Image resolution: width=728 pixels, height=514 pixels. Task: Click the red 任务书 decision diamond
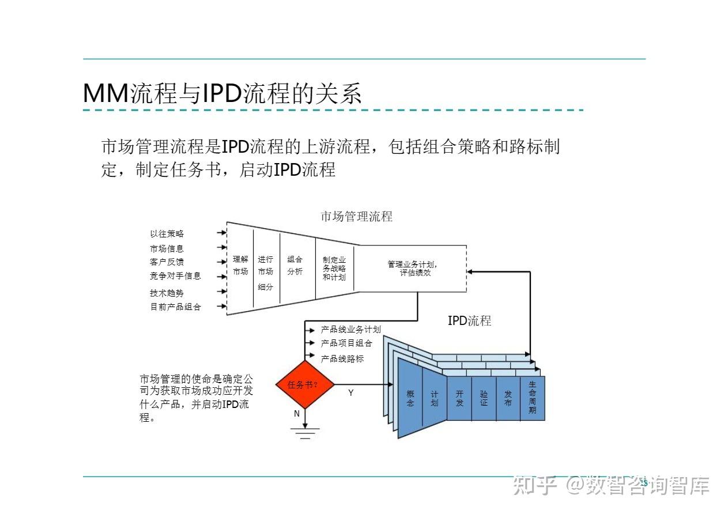click(304, 384)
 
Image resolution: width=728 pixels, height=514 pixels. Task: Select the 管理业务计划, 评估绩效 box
click(410, 269)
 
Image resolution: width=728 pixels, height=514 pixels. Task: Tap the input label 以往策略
click(167, 233)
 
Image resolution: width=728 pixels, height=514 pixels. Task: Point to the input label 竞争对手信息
click(175, 276)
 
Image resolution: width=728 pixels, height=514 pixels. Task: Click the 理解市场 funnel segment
click(240, 266)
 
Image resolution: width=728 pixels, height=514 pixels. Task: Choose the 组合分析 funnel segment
click(295, 266)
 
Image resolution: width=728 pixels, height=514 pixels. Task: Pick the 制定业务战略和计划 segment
click(334, 269)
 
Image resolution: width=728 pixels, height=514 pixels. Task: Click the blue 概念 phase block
click(410, 398)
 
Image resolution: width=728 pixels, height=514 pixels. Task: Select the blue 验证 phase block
click(484, 398)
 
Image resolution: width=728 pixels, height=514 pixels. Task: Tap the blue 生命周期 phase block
click(532, 398)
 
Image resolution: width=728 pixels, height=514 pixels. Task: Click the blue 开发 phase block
click(459, 398)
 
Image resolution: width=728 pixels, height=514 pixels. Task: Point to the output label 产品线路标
click(342, 358)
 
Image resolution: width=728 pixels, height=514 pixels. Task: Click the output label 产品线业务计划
click(350, 330)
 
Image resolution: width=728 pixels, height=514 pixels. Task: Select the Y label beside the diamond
click(350, 393)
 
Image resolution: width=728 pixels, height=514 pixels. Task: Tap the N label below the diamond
click(297, 414)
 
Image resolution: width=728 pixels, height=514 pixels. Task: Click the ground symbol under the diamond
click(304, 433)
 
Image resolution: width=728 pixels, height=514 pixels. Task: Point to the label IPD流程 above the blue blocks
click(469, 321)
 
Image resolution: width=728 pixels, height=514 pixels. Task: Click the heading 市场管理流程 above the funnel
click(356, 217)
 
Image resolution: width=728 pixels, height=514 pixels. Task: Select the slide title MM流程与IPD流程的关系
click(222, 94)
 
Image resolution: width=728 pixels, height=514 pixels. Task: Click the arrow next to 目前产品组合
click(221, 307)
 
